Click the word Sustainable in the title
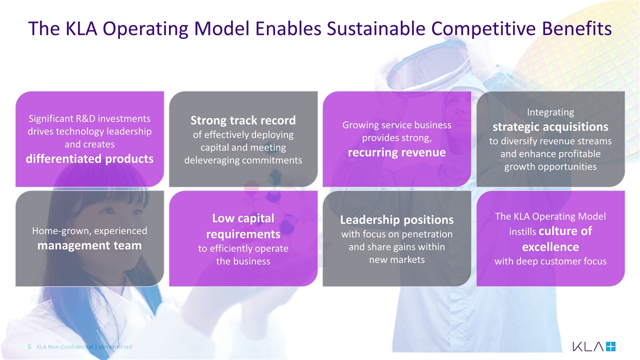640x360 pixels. pos(376,28)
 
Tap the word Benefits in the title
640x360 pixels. pos(577,28)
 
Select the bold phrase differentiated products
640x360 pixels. pos(89,159)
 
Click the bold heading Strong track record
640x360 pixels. pos(243,120)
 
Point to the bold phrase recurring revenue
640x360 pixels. pos(397,152)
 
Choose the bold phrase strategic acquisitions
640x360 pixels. pos(550,127)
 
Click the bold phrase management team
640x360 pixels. pos(89,245)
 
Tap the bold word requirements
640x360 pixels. pos(243,234)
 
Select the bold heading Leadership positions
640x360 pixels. pos(397,219)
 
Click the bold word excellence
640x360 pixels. pos(550,247)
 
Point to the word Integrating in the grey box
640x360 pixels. pos(550,112)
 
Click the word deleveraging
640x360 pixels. pos(211,160)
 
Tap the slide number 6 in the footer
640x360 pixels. pos(29,347)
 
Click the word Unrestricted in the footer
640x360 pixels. pos(115,347)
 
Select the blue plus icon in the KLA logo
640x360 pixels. pos(610,346)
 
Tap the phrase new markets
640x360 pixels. pos(397,259)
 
